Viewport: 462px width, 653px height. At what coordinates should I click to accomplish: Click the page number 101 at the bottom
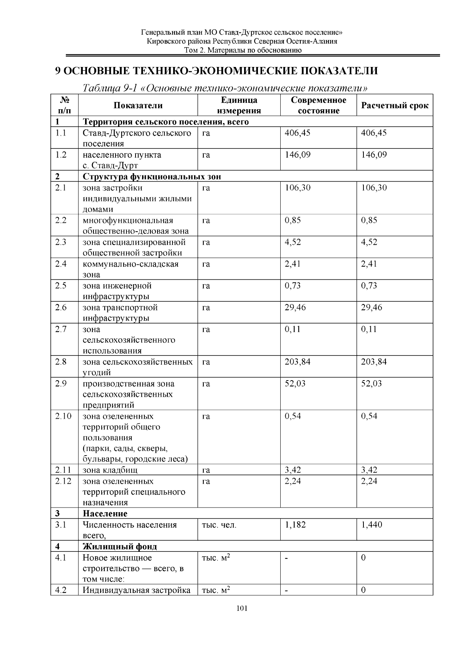[x=242, y=608]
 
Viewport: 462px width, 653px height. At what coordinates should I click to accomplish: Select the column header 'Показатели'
[x=138, y=106]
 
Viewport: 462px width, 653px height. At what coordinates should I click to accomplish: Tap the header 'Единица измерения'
[x=239, y=105]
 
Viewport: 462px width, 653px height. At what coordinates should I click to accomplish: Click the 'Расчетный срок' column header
[x=395, y=106]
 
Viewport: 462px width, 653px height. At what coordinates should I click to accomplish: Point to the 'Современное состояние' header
[x=318, y=105]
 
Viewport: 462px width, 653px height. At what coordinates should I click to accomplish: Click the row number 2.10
[x=63, y=416]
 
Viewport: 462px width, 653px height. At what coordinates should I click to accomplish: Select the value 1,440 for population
[x=372, y=525]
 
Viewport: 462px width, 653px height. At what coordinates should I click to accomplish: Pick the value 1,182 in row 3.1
[x=295, y=525]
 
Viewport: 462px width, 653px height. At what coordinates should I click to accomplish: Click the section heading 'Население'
[x=105, y=514]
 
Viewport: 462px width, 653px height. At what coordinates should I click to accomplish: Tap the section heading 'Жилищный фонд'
[x=120, y=546]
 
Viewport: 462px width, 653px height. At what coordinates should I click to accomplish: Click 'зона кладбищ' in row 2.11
[x=110, y=470]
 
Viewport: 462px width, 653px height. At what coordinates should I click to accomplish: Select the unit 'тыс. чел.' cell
[x=219, y=525]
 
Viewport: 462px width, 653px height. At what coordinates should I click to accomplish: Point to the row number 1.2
[x=61, y=155]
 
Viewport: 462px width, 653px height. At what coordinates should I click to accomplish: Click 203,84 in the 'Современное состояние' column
[x=297, y=362]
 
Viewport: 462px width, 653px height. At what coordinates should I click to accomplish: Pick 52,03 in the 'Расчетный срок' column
[x=372, y=384]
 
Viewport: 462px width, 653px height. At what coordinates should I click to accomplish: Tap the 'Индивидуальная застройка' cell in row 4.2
[x=137, y=590]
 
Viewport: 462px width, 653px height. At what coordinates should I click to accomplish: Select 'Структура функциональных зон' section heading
[x=152, y=177]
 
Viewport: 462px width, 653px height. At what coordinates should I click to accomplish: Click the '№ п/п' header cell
[x=64, y=105]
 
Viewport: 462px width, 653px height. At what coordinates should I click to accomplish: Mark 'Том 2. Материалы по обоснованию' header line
[x=242, y=50]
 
